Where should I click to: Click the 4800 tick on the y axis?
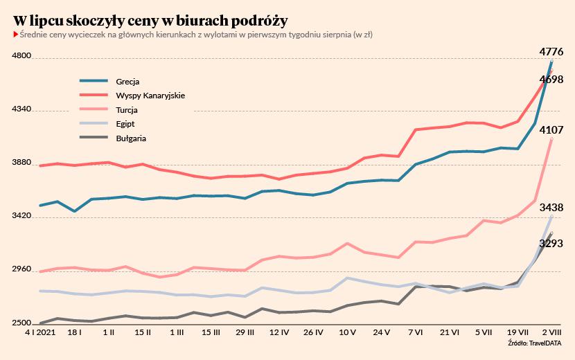point(22,56)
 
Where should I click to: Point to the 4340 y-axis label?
point(22,109)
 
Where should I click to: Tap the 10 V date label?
point(347,333)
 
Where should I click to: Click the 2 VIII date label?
point(551,333)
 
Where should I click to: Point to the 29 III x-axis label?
point(245,333)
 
